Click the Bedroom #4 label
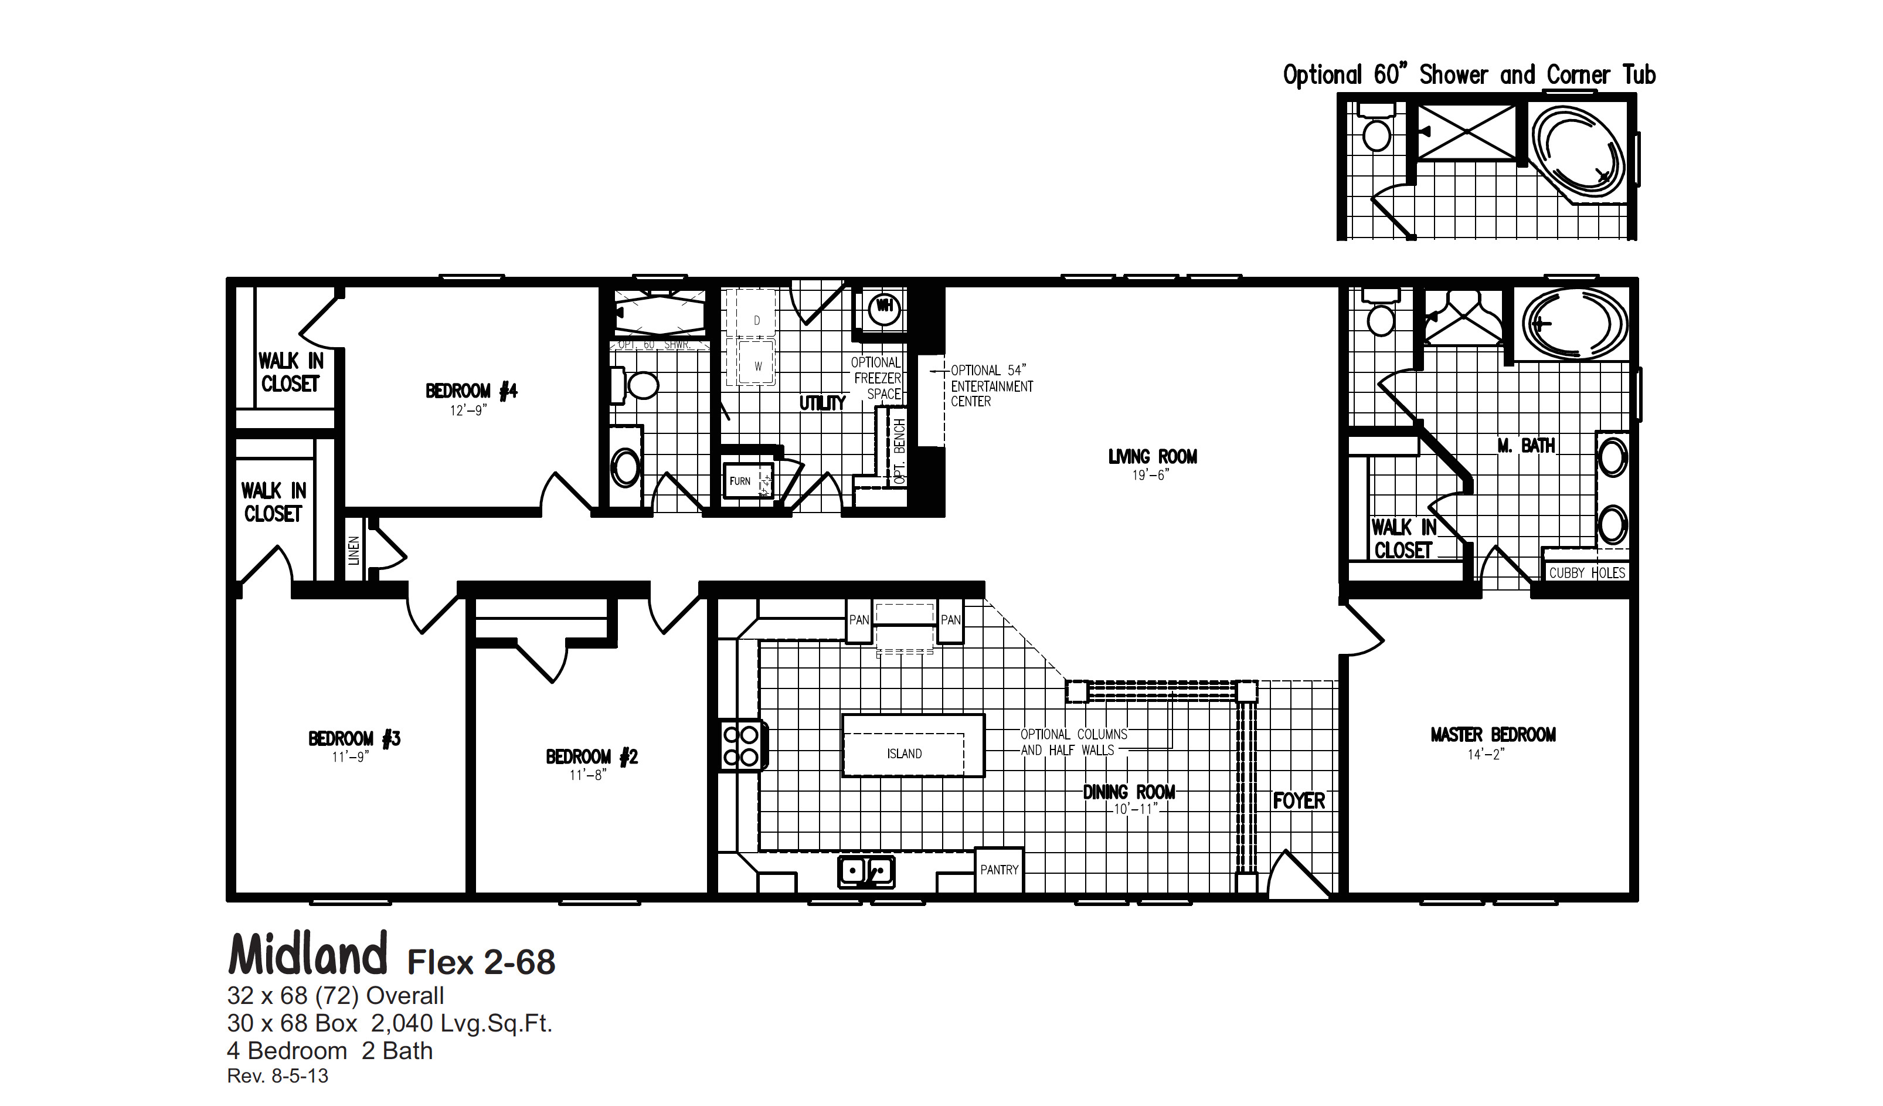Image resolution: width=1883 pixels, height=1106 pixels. tap(471, 391)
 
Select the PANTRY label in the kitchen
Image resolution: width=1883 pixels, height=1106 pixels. tap(999, 870)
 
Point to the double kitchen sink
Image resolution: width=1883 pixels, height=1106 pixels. tap(866, 871)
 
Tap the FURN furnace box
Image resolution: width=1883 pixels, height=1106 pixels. tap(741, 480)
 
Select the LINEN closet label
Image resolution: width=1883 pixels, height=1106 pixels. tap(354, 550)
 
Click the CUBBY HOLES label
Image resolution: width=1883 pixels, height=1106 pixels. tap(1586, 573)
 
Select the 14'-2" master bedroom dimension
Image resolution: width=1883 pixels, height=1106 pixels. tap(1486, 755)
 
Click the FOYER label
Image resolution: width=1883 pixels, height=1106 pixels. tap(1299, 801)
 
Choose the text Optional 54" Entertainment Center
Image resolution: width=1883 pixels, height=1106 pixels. tap(991, 386)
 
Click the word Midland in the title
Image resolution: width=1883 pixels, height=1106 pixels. tap(308, 955)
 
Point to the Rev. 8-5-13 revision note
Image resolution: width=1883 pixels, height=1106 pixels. tap(277, 1076)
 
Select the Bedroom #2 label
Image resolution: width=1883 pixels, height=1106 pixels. tap(591, 757)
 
